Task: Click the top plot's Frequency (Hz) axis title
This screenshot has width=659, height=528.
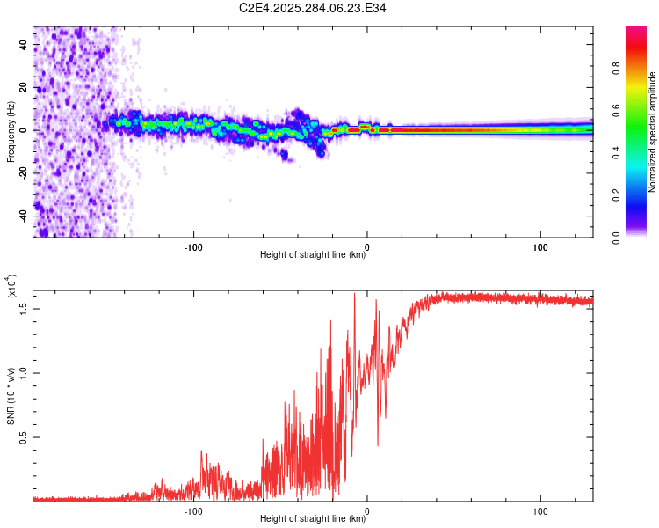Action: click(11, 132)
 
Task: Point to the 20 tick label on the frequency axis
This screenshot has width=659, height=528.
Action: click(24, 88)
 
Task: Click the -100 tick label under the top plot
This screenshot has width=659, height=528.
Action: click(193, 246)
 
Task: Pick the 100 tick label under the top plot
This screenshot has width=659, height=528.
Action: click(540, 246)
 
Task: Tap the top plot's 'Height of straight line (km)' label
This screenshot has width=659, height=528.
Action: click(313, 255)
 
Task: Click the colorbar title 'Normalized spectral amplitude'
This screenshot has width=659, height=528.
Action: click(652, 132)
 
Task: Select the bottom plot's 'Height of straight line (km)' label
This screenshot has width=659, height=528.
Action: click(313, 519)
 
